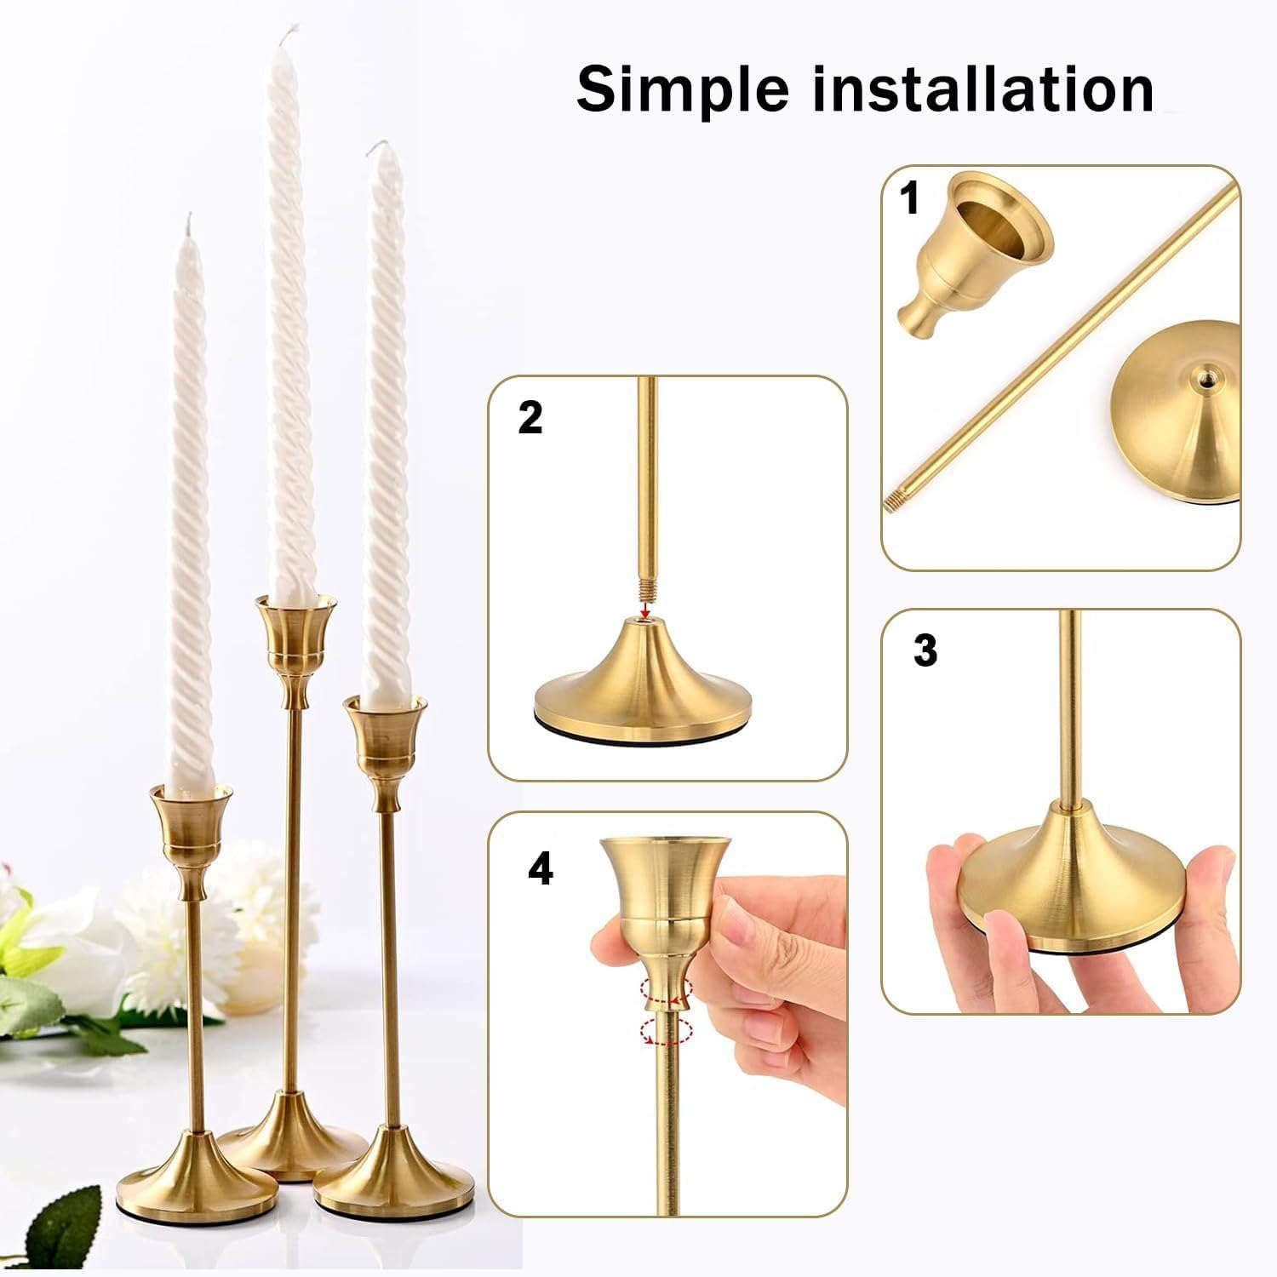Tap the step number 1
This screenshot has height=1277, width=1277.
(910, 198)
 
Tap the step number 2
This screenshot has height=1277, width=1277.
(530, 418)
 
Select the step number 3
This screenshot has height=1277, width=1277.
(925, 650)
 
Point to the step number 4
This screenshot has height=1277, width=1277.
(540, 870)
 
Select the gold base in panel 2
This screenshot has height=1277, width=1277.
(643, 681)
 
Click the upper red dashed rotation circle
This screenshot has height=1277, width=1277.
(668, 990)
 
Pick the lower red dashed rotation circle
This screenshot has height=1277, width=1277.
(665, 1031)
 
